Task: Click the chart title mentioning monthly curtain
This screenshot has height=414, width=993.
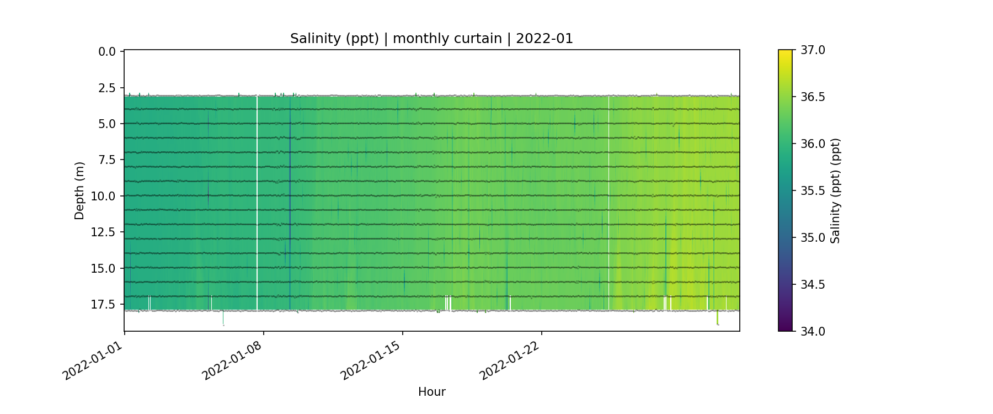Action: point(431,39)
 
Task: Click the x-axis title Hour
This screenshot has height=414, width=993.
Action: point(431,392)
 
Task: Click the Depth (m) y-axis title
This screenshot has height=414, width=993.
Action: point(79,191)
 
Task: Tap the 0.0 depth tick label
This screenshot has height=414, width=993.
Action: point(107,52)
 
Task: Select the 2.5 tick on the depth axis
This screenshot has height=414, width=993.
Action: point(107,88)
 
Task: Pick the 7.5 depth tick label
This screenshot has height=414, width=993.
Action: point(107,160)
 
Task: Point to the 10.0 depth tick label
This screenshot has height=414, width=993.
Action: point(104,196)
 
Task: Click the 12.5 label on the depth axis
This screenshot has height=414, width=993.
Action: point(104,232)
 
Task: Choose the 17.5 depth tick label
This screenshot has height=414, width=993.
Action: point(104,305)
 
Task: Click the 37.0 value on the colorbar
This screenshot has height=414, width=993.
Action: point(813,50)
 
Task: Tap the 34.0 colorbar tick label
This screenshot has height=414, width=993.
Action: point(813,331)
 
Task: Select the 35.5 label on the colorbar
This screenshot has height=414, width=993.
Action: point(813,191)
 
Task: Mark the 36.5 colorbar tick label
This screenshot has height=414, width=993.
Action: point(813,97)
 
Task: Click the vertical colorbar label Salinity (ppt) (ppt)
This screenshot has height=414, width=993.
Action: point(835,191)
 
